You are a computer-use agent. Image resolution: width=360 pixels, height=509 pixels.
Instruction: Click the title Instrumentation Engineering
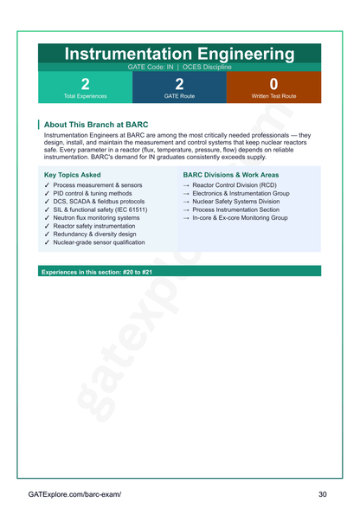(180, 54)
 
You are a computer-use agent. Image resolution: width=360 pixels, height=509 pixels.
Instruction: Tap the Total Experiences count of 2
(85, 84)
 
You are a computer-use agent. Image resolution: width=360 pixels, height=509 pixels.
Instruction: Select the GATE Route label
(179, 96)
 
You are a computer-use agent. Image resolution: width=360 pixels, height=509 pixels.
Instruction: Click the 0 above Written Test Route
(273, 84)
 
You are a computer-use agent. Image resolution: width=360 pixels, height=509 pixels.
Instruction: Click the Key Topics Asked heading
(78, 175)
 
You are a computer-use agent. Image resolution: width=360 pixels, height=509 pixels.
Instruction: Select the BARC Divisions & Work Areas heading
(230, 175)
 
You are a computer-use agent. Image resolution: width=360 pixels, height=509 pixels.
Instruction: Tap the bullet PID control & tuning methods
(93, 194)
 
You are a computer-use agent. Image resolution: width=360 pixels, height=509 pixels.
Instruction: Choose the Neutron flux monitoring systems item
(96, 218)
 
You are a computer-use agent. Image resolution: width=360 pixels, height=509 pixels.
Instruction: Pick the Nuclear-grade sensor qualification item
(99, 242)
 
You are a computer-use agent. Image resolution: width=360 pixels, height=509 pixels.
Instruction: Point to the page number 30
(323, 493)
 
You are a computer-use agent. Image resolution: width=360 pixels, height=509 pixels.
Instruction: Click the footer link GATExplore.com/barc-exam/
(74, 493)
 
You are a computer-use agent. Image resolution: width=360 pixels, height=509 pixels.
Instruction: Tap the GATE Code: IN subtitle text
(150, 67)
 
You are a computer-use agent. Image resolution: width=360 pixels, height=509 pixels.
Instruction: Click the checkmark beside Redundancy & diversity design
(47, 235)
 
